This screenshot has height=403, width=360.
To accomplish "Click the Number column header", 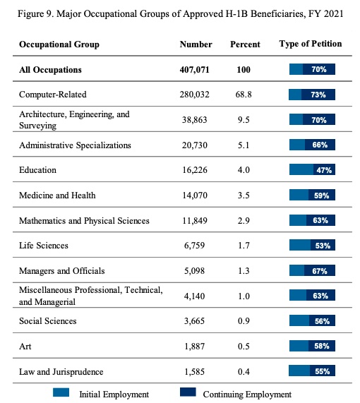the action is click(196, 44).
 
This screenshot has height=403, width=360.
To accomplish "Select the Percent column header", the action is click(245, 44).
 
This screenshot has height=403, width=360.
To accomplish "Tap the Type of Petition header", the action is click(311, 44).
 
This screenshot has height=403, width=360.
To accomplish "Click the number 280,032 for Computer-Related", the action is click(194, 95).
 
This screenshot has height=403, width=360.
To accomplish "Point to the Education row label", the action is click(37, 170).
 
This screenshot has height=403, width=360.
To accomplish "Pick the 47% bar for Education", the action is click(312, 169).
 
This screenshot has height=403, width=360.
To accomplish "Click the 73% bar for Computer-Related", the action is click(312, 95).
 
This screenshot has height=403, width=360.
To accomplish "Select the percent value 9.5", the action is click(244, 120).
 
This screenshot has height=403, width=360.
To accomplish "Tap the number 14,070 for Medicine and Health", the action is click(195, 196).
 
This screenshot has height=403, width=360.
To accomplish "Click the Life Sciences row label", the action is click(44, 246).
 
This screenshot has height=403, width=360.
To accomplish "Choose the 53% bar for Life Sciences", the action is click(312, 245).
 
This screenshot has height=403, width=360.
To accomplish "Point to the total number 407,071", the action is click(194, 70).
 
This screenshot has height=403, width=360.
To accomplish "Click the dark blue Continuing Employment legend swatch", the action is click(188, 392).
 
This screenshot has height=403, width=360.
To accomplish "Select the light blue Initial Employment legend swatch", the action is click(61, 392).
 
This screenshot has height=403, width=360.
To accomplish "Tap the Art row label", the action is click(25, 347).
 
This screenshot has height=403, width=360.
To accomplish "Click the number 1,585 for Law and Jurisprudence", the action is click(194, 372).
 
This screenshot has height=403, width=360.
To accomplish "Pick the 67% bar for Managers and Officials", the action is click(312, 270).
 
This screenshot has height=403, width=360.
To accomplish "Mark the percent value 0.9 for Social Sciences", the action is click(244, 321).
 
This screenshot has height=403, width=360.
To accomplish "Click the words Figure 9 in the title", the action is click(35, 13).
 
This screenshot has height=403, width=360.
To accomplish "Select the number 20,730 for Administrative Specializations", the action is click(195, 145).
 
